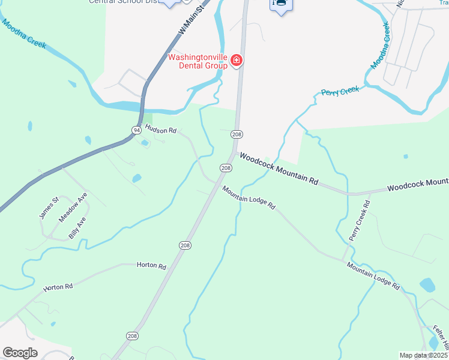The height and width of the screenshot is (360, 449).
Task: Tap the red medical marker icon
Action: coord(237,60)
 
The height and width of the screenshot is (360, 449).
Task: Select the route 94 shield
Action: coord(137,130)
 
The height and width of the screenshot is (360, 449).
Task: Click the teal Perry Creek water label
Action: coord(340,91)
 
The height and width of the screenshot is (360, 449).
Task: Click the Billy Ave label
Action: coord(77,228)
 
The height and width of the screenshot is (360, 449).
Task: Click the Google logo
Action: coord(20,353)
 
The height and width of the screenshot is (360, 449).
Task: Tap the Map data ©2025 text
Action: coord(423,355)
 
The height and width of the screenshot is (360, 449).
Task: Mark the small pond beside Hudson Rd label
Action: coord(144,143)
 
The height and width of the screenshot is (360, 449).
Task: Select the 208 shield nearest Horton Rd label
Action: coord(184,245)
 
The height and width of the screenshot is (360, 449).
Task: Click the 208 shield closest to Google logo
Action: coord(131,335)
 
